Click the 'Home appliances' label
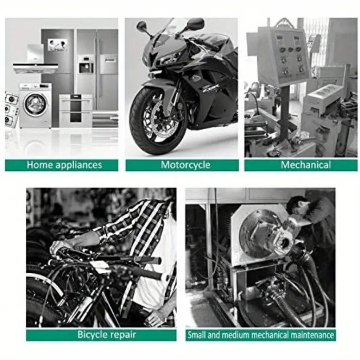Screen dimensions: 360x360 64,165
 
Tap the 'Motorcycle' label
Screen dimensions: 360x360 186,165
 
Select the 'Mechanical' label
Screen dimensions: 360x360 306,165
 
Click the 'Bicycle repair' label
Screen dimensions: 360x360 107,334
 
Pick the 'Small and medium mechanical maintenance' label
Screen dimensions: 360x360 261,335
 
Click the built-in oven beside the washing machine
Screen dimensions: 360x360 76,111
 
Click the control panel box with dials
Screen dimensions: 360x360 278,56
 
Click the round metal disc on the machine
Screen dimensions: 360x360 255,234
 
